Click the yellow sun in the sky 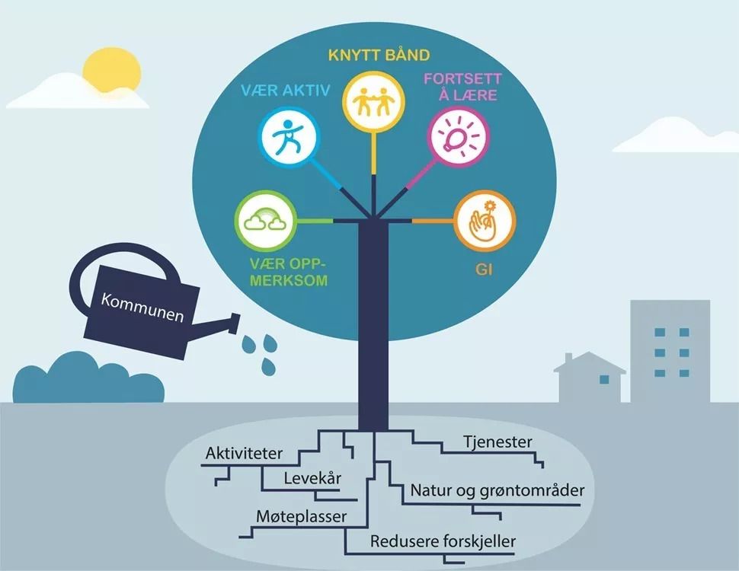(x=112, y=69)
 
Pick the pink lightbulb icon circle (x=457, y=138)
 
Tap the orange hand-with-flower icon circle (x=485, y=221)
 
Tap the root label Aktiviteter (x=244, y=454)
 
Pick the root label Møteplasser (x=299, y=516)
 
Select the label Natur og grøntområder (x=497, y=490)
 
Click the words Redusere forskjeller (x=443, y=541)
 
